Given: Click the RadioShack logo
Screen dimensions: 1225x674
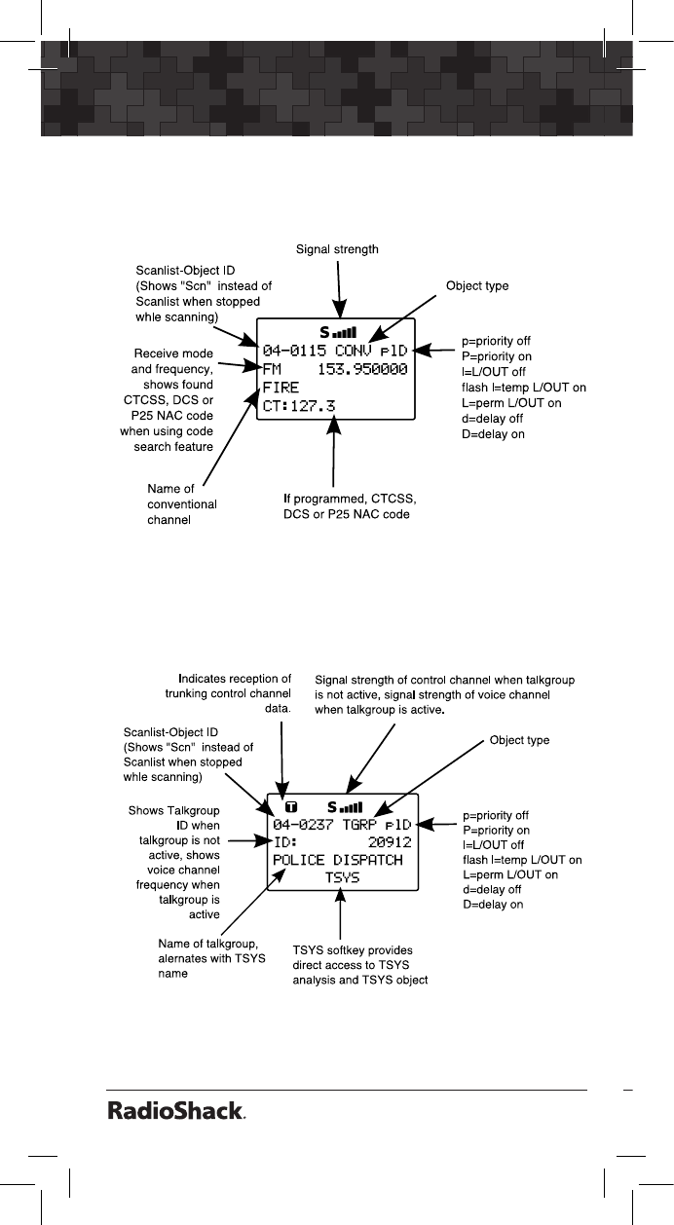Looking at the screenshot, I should [175, 1112].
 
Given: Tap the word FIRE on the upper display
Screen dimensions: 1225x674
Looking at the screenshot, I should [281, 388].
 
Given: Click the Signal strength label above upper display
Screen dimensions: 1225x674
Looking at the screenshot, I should [337, 249].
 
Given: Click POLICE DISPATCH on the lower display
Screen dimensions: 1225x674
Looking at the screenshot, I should [338, 860].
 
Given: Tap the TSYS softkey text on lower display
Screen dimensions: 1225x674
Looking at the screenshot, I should [342, 877].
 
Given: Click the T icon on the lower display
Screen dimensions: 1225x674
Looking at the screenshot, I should [290, 807].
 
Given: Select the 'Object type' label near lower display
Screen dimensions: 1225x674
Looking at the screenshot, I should [519, 740].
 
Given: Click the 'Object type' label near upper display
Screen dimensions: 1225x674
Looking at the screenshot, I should [477, 286].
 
